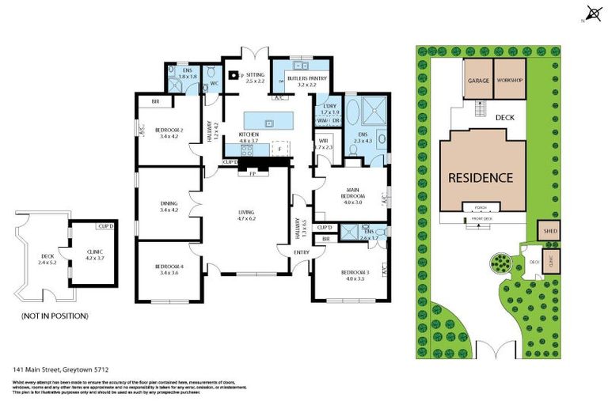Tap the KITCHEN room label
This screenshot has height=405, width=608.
pyautogui.click(x=249, y=135)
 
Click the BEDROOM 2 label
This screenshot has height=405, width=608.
pyautogui.click(x=169, y=129)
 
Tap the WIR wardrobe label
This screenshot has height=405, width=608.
pyautogui.click(x=324, y=140)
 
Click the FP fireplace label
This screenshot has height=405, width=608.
pyautogui.click(x=253, y=172)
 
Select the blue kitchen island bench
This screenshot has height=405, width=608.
pyautogui.click(x=268, y=120)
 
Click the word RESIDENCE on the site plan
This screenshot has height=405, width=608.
pyautogui.click(x=481, y=177)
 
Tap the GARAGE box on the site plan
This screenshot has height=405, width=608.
pyautogui.click(x=477, y=81)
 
